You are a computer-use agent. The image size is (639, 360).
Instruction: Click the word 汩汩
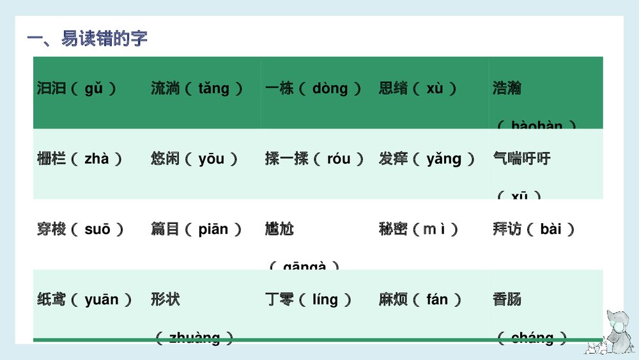point(52,88)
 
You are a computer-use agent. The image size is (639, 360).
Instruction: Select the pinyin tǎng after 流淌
point(213,88)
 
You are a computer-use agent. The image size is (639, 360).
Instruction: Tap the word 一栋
point(279,88)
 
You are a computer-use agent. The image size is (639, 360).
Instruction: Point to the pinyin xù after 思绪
point(435,88)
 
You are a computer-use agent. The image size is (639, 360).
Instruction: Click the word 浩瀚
point(507,88)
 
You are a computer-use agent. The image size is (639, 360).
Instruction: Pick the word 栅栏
point(52,159)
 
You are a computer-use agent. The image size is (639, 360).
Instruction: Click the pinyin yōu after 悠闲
point(211,159)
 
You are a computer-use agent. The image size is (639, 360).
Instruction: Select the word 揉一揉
point(286,159)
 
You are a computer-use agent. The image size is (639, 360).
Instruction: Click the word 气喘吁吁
point(521,159)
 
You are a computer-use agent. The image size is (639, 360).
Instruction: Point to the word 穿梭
point(52,229)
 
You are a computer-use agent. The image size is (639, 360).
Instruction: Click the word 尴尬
point(279,229)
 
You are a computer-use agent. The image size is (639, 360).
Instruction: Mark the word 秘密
point(393,229)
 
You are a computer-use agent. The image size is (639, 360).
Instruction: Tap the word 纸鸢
point(52,299)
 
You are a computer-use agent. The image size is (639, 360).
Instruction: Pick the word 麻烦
point(393,299)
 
